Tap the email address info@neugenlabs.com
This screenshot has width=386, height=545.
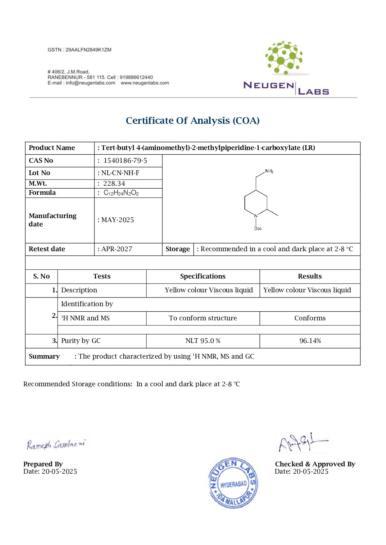(90, 83)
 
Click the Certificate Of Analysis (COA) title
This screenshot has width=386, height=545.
(193, 121)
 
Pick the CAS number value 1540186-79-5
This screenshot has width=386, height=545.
(125, 161)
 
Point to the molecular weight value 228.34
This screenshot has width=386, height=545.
(114, 183)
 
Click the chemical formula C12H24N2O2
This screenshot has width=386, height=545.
(121, 193)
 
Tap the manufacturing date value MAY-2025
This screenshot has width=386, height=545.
(117, 220)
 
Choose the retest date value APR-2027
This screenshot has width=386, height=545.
(117, 249)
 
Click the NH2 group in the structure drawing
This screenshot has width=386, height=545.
(269, 171)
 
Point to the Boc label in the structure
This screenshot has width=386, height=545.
(258, 229)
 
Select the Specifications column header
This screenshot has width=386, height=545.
(203, 276)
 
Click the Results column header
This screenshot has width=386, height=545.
(310, 276)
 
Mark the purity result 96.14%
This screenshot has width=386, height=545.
(310, 341)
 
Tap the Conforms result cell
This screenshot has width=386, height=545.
(310, 318)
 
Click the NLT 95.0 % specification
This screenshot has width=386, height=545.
(203, 341)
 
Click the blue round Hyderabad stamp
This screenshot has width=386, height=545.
(233, 483)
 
